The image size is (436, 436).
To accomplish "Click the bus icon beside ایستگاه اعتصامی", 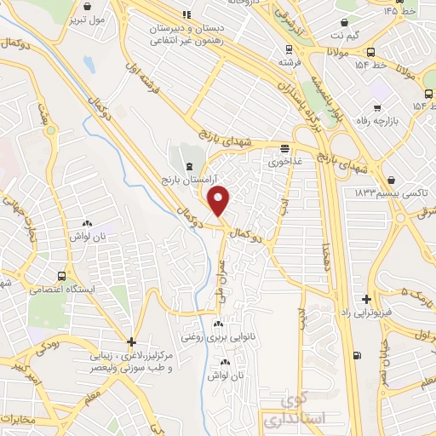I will [62, 276].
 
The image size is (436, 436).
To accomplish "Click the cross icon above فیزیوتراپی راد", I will [366, 299].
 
